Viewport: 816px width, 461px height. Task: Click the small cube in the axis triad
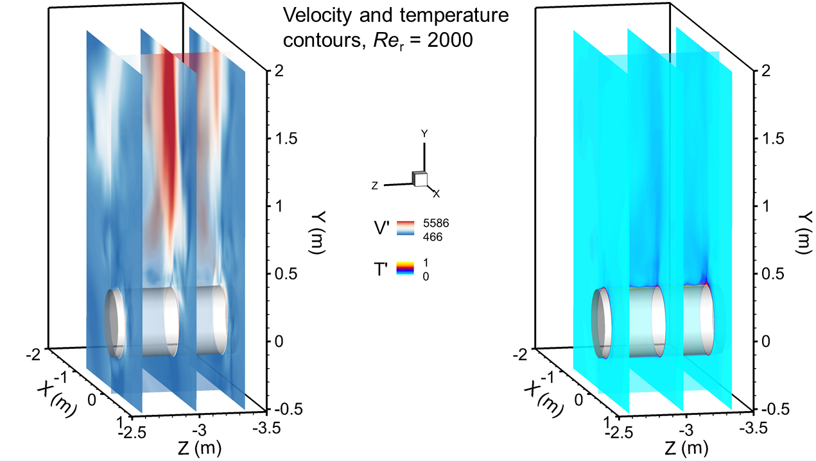click(x=421, y=180)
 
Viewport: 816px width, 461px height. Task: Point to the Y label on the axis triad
click(x=424, y=134)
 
